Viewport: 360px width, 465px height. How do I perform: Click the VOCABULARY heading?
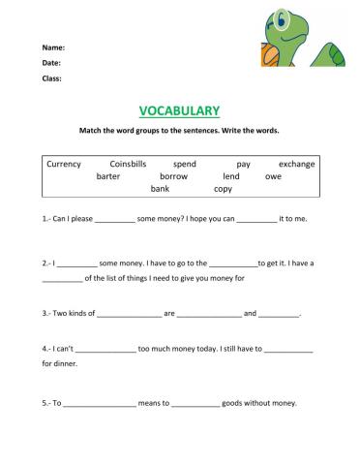coord(180,111)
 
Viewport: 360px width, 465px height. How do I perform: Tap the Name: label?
coord(53,47)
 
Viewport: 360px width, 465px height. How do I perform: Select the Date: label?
coord(51,63)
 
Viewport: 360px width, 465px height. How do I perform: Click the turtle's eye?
coord(284,17)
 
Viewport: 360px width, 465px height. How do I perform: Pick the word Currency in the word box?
coord(64,165)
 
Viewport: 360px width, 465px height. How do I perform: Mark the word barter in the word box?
coord(111,177)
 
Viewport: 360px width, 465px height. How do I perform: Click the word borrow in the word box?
coord(173,177)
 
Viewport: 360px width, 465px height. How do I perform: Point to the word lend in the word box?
coord(230,177)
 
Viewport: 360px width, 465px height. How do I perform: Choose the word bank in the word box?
coord(160,189)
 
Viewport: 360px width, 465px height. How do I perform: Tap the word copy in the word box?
coord(223,189)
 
